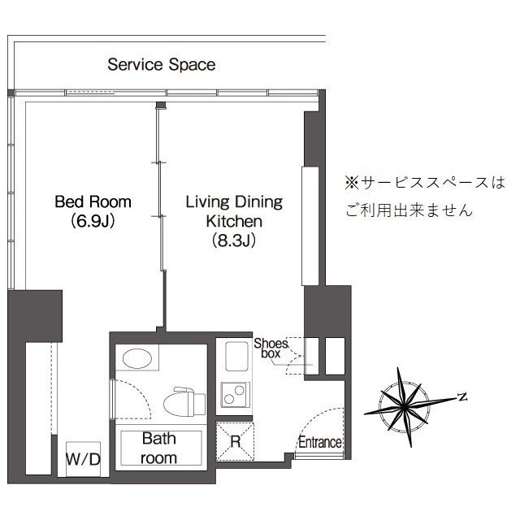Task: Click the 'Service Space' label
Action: (162, 64)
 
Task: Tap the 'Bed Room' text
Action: (93, 201)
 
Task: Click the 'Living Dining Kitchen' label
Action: (233, 210)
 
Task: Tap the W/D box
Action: (83, 460)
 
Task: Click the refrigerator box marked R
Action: (235, 442)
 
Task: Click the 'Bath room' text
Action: (159, 448)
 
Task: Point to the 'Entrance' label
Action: (319, 443)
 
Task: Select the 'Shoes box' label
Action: (271, 349)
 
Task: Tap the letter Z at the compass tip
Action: (461, 396)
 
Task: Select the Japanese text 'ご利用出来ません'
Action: (408, 210)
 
